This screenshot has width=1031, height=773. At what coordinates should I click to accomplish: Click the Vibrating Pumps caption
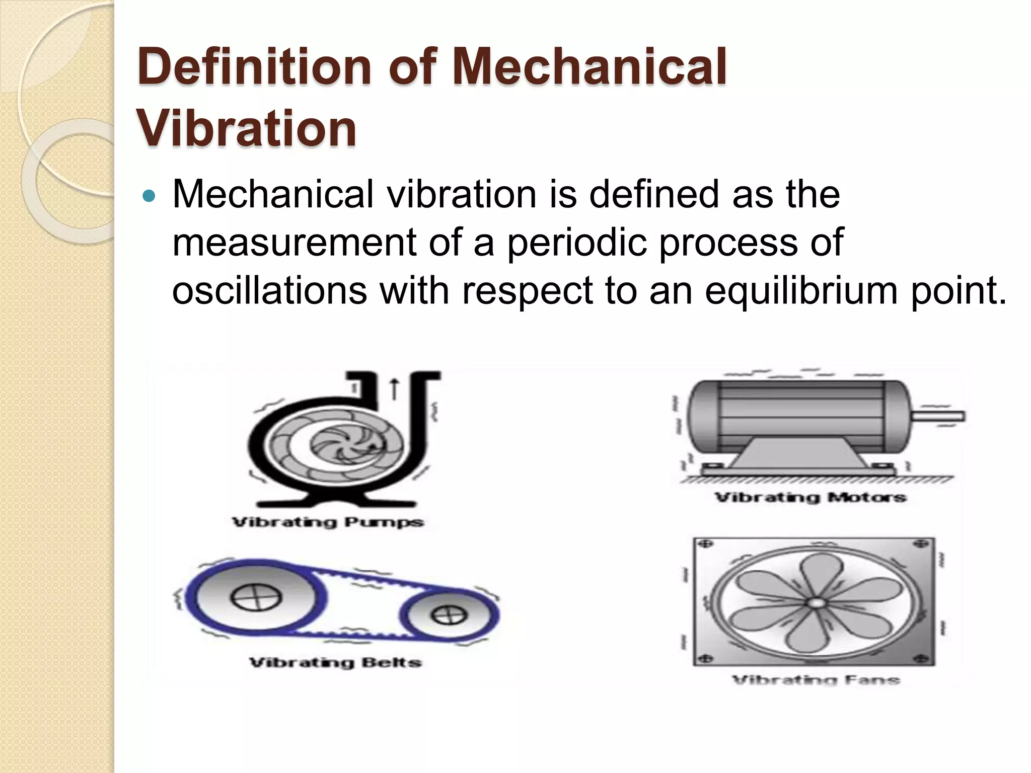(328, 522)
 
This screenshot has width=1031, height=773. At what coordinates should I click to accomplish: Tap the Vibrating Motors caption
(811, 498)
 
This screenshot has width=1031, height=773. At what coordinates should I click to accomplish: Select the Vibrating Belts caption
(335, 662)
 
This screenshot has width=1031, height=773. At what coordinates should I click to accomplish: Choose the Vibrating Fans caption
(816, 680)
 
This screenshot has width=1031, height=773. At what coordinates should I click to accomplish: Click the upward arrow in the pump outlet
(395, 390)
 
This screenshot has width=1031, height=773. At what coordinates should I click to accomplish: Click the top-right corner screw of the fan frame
(922, 545)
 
